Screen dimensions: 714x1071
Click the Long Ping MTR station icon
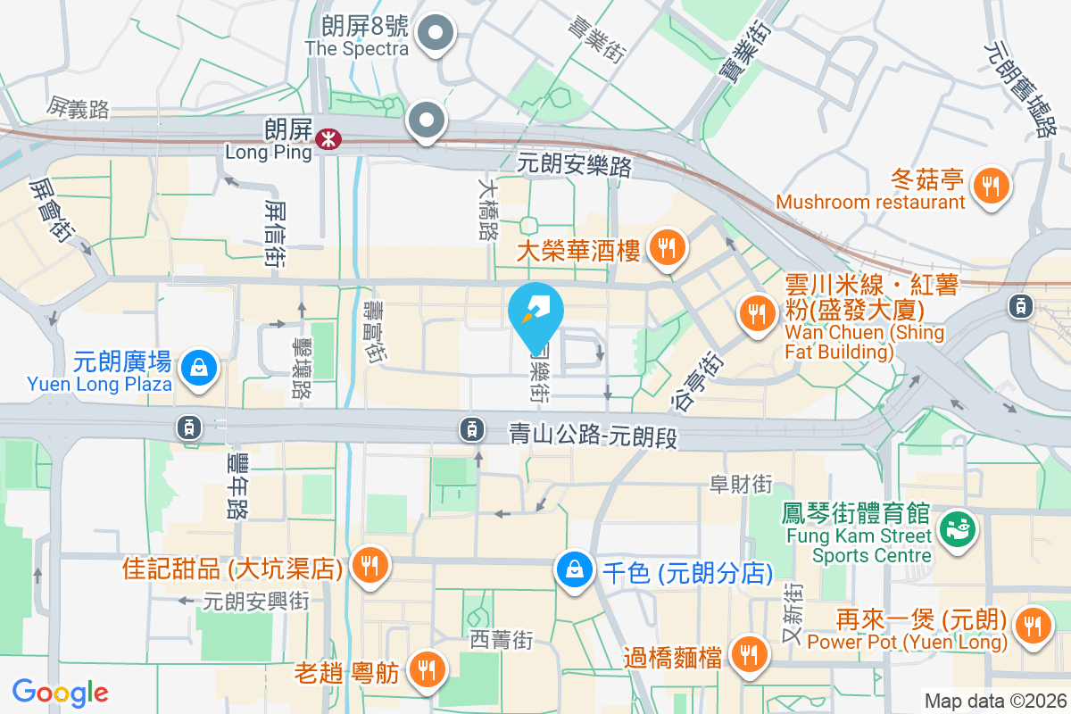click(328, 138)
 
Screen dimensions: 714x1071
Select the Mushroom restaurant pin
click(990, 186)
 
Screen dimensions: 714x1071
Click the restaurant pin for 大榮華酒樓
click(666, 245)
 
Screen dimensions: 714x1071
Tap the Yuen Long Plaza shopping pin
click(198, 366)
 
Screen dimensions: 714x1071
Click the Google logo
click(61, 692)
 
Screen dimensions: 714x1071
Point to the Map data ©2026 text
click(995, 702)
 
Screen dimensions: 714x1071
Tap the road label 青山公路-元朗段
click(594, 436)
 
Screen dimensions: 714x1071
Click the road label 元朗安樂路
click(575, 164)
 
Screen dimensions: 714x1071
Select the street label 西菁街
click(502, 640)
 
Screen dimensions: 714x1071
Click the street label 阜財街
click(740, 485)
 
